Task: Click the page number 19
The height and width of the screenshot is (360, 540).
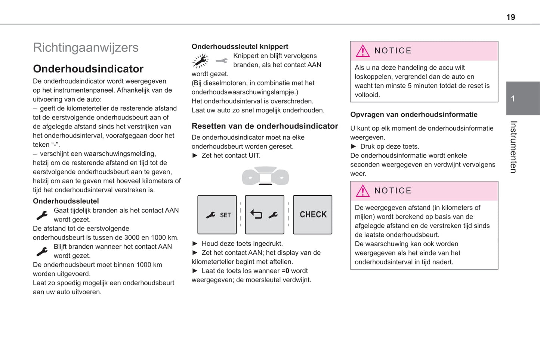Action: [x=510, y=17]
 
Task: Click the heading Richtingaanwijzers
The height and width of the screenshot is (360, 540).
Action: [x=86, y=47]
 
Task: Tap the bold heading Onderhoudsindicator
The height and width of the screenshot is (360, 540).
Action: [x=88, y=69]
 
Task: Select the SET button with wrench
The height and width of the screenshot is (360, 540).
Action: [x=217, y=215]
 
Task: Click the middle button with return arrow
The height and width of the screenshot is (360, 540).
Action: [x=265, y=215]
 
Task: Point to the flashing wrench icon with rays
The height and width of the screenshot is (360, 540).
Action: [x=201, y=60]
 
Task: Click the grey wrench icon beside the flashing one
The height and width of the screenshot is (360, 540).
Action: [x=222, y=60]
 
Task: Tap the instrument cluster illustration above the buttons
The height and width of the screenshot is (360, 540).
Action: [x=265, y=176]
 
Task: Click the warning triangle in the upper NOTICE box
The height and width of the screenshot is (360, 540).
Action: [x=362, y=51]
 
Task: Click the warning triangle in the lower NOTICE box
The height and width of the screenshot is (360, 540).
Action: [x=362, y=191]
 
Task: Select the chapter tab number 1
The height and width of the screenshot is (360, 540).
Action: [x=513, y=99]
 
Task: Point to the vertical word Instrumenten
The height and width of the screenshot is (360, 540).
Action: [x=513, y=147]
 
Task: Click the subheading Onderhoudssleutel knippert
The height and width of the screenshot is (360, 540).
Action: [x=240, y=47]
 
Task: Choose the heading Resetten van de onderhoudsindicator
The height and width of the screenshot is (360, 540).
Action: [x=265, y=126]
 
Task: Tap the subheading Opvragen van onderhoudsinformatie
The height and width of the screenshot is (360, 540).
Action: [x=414, y=115]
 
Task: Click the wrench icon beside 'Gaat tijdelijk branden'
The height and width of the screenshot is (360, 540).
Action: [x=42, y=215]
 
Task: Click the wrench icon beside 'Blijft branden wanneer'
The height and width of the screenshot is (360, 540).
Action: [x=42, y=251]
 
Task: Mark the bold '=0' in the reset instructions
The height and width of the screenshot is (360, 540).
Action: [x=285, y=271]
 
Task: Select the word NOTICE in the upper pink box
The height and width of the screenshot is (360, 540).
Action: [x=393, y=51]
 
